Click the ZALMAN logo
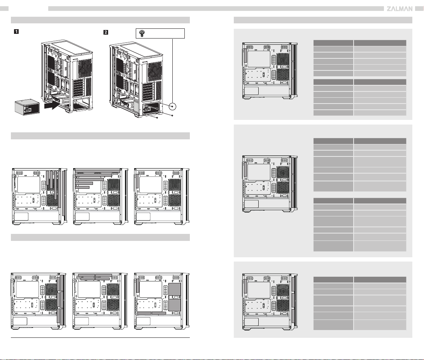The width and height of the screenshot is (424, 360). [x=399, y=9]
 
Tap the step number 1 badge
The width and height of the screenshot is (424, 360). [x=16, y=32]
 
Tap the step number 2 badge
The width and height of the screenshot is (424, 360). [x=106, y=32]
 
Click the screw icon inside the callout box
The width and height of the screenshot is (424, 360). [x=142, y=33]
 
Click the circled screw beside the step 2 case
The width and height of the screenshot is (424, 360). [x=172, y=107]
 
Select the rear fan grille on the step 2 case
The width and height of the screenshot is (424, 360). [x=155, y=71]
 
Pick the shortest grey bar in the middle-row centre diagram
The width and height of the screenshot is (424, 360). [x=82, y=187]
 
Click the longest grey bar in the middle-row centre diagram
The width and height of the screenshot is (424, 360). [x=97, y=171]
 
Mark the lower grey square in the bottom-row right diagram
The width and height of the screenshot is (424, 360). [x=174, y=305]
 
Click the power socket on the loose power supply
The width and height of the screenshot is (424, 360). [x=28, y=109]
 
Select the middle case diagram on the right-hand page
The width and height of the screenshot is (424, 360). [x=270, y=184]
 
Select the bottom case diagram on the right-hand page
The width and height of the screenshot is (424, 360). [x=270, y=302]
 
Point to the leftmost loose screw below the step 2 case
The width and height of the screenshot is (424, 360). [x=157, y=118]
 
